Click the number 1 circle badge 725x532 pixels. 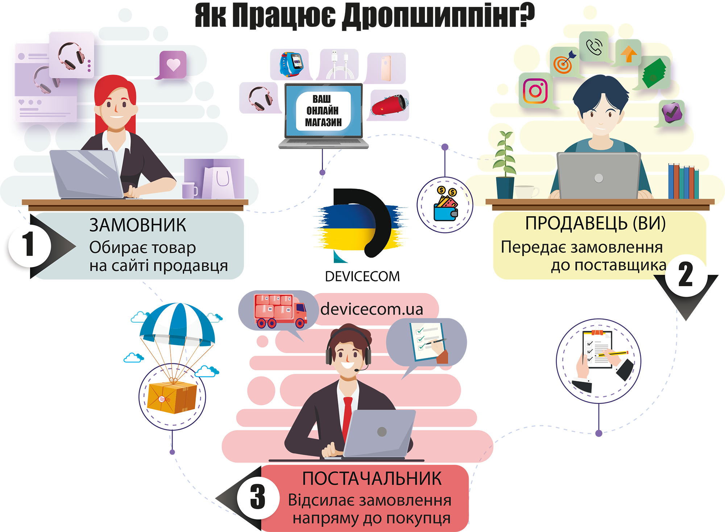29,246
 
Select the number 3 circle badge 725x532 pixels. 258,497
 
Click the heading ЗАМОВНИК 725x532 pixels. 138,225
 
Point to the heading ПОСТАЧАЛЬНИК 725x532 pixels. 372,479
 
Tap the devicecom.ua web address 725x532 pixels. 372,309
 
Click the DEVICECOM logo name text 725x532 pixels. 362,277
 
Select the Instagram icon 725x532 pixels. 535,90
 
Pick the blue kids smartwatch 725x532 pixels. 291,64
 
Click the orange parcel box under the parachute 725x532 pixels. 173,397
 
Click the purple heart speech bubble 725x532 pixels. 173,65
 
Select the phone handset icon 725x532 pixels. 594,47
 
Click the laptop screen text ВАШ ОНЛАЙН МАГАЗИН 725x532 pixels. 323,111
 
